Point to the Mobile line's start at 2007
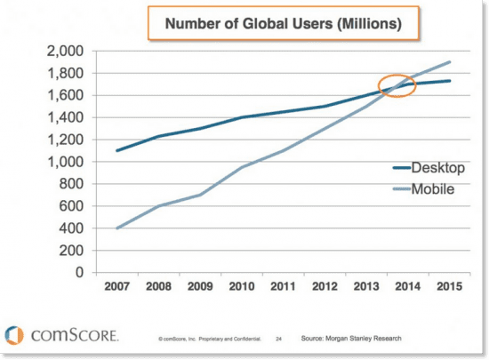click(x=116, y=228)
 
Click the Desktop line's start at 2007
click(x=116, y=150)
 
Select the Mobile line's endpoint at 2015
click(x=450, y=62)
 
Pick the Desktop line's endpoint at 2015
click(x=450, y=81)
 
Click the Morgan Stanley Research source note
click(x=353, y=339)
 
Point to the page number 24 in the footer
click(x=278, y=339)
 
